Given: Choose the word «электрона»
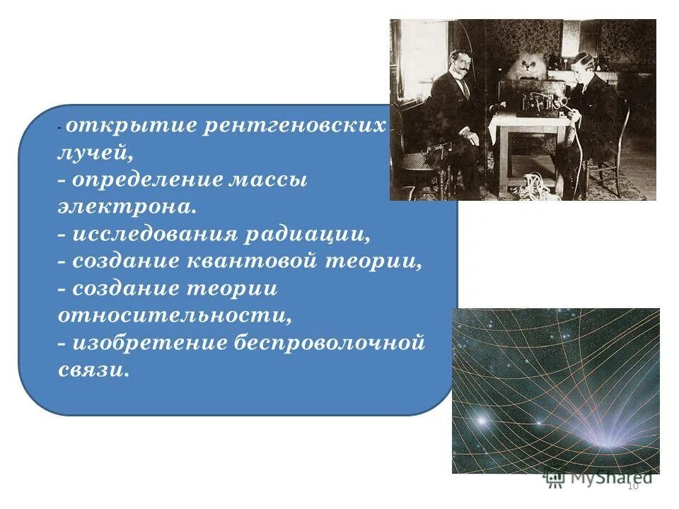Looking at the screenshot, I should click(x=126, y=207).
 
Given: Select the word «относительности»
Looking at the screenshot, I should click(x=174, y=315).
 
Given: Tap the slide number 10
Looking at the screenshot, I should click(x=632, y=485).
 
